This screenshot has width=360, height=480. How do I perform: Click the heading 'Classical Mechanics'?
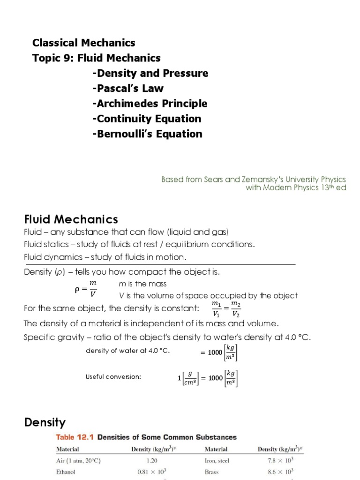(83, 43)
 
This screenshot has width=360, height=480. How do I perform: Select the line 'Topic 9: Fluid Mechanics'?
(96, 58)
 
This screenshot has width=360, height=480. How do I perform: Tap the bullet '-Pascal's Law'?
(127, 89)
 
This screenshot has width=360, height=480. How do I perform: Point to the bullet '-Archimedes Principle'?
(150, 104)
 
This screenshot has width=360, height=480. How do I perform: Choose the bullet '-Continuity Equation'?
(146, 119)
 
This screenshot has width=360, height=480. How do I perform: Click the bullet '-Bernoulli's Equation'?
(147, 134)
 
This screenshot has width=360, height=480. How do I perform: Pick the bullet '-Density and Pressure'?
(150, 73)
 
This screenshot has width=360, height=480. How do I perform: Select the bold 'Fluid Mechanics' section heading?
(71, 219)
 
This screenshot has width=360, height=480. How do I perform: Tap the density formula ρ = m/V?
(86, 290)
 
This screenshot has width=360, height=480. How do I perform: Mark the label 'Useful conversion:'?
(113, 377)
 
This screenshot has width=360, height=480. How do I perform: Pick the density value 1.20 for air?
(152, 460)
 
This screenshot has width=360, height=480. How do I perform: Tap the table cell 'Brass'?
(212, 472)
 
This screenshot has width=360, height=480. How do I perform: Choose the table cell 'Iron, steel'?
(217, 460)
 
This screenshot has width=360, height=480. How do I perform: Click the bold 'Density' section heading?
(45, 422)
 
